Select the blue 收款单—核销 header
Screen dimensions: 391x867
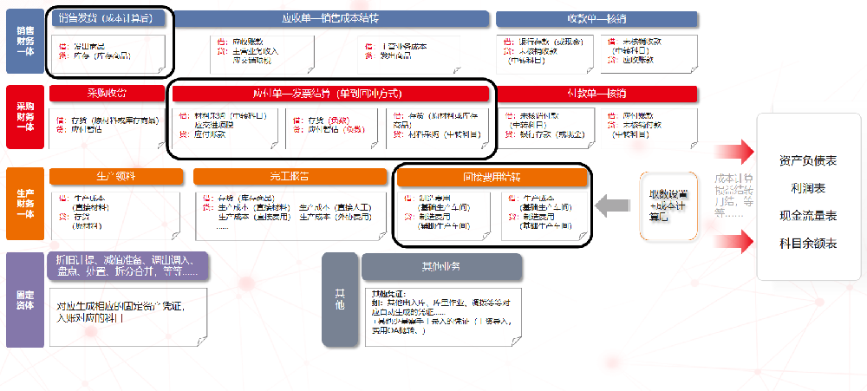point(596,18)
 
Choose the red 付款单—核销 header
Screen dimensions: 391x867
point(596,93)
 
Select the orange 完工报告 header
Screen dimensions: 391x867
point(290,177)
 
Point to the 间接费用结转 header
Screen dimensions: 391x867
point(492,177)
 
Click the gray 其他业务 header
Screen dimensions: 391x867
point(441,264)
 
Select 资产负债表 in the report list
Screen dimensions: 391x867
point(807,161)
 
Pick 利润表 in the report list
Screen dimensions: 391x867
point(807,188)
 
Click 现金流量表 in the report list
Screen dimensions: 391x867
point(807,216)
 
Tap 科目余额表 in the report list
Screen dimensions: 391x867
point(807,244)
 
